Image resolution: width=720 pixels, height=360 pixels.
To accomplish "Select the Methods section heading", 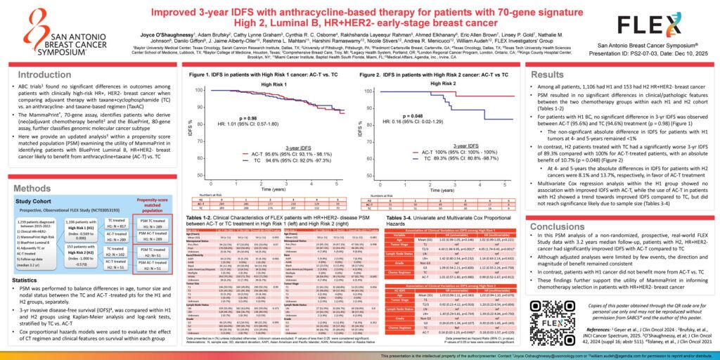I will click(x=32, y=188).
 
